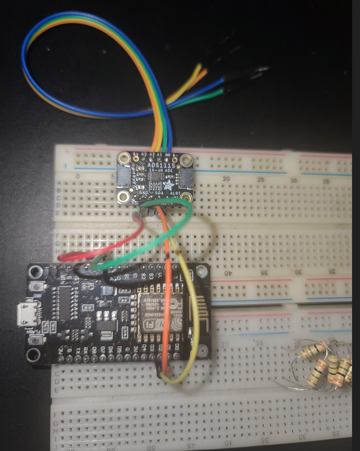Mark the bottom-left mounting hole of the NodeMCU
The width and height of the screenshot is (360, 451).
pyautogui.click(x=34, y=355)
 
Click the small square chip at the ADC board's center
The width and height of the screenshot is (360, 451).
pyautogui.click(x=154, y=176)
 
